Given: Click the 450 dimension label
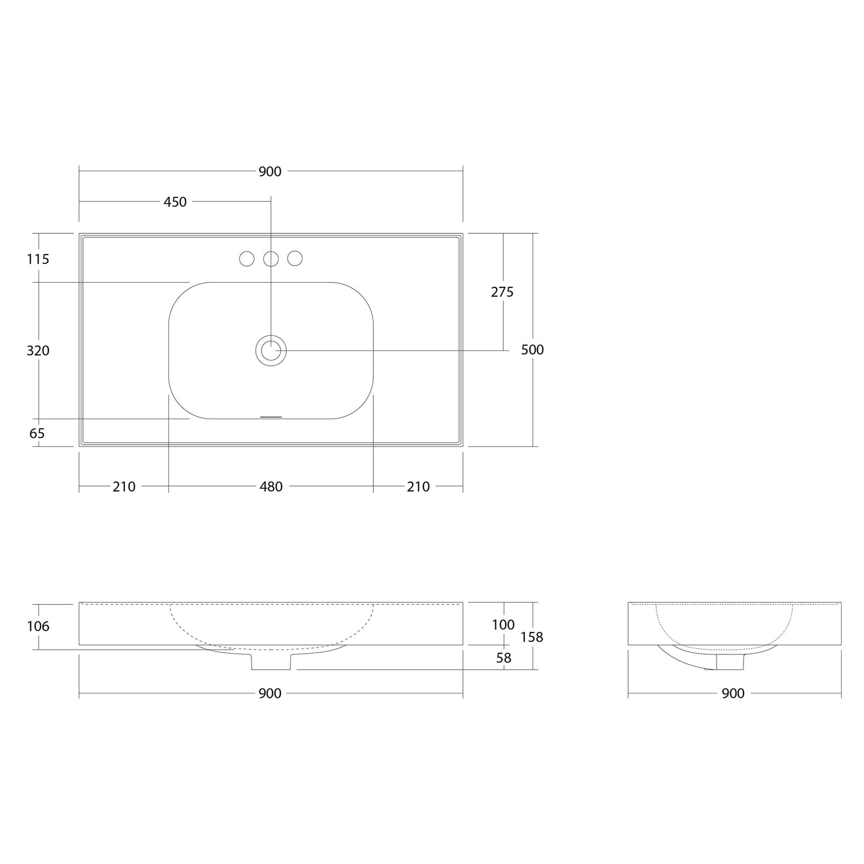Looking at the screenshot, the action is tap(175, 202).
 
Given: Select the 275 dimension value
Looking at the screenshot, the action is tap(502, 292).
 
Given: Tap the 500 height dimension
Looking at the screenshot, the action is tap(532, 350).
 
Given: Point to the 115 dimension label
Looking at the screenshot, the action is tap(38, 259).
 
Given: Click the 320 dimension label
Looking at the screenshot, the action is tap(38, 350).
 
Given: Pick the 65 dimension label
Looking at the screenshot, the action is tap(37, 433).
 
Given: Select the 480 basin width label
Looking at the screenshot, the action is tap(271, 487).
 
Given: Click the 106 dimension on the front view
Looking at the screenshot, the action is tap(38, 626).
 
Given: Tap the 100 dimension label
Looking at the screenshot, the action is tap(503, 624).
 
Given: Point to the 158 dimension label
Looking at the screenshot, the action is tap(532, 637).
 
